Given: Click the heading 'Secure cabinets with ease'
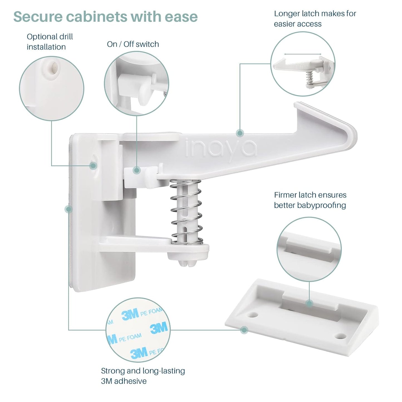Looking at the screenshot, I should (105, 17).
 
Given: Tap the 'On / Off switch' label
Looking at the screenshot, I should (133, 44).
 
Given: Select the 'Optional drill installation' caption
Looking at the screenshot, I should (50, 42).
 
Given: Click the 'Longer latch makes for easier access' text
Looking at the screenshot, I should (315, 19).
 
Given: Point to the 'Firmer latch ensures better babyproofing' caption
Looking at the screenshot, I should (310, 200).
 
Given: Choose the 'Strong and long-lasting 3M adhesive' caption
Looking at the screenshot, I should (143, 376).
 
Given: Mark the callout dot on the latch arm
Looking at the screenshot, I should (240, 133).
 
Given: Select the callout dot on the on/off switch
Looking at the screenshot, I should (136, 170).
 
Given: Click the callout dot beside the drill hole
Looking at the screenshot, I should (93, 166).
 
